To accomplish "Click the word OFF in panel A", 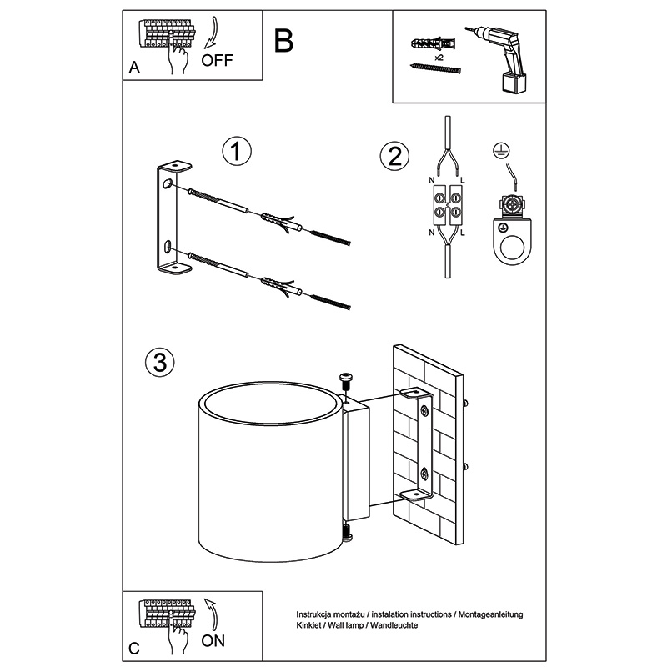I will [218, 60].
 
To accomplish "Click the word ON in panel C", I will [213, 640].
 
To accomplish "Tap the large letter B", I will [283, 40].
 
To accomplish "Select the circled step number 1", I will [237, 152].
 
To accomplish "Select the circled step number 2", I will [394, 156].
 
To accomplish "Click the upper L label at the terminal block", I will [464, 181].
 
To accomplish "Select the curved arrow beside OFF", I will [211, 35].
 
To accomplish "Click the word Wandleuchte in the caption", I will [401, 624].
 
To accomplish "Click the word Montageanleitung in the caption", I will [487, 614].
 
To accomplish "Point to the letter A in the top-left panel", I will [134, 68].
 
